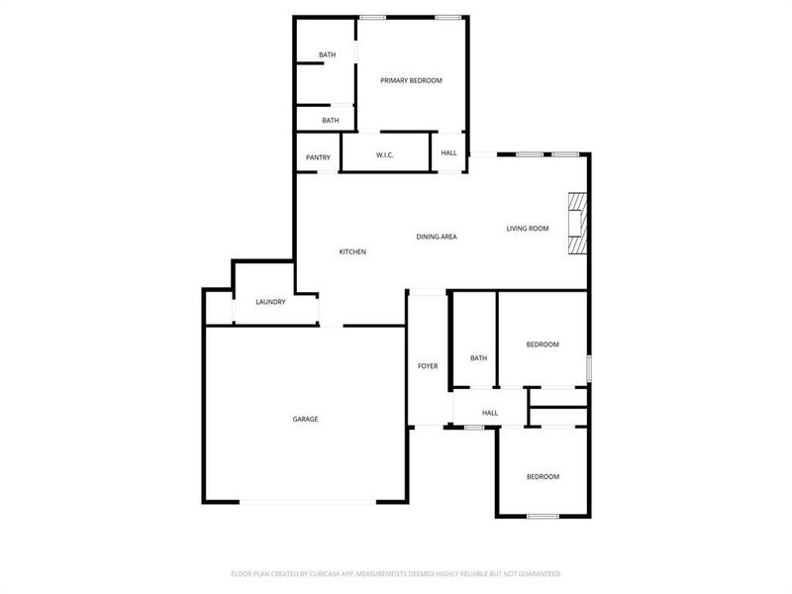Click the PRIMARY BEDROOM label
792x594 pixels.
411,80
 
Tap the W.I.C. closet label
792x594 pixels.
386,155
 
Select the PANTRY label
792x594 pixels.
318,157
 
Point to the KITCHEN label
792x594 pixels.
352,252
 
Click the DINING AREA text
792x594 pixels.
436,238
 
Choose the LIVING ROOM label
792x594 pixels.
528,229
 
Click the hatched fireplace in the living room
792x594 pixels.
576,224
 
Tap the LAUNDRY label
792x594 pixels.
270,302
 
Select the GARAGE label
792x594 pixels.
305,420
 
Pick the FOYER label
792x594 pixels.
428,366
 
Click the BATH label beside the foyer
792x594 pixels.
479,358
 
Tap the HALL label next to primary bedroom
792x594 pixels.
449,153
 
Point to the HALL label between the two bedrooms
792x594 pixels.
489,413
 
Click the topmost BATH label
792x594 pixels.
328,55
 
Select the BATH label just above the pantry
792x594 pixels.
330,121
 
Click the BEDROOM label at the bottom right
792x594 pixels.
543,477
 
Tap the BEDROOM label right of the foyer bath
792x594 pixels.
543,345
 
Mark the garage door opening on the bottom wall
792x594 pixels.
309,502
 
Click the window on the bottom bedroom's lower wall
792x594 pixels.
542,516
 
